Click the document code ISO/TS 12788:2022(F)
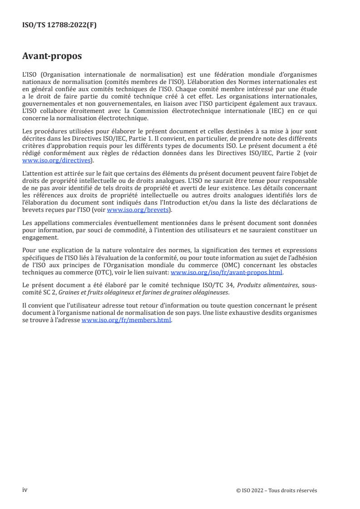[59, 26]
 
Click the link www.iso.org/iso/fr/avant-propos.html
[227, 272]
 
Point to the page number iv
[25, 490]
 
